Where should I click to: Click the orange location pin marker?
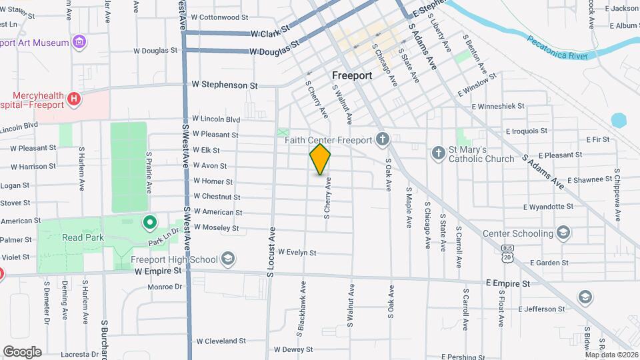[x=321, y=159]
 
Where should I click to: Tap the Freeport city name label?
[x=352, y=75]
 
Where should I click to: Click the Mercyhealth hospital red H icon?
[x=74, y=99]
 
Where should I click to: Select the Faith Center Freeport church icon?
[x=382, y=139]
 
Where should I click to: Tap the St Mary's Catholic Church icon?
[x=438, y=153]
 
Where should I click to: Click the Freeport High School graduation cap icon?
[x=227, y=259]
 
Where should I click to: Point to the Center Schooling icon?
[x=563, y=233]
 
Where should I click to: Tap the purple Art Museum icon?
[x=79, y=43]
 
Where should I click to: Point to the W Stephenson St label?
[x=225, y=85]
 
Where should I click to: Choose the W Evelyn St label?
[x=297, y=253]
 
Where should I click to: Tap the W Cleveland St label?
[x=221, y=341]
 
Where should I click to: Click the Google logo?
[x=22, y=351]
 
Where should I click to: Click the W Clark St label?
[x=270, y=31]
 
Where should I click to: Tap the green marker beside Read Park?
[x=150, y=221]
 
